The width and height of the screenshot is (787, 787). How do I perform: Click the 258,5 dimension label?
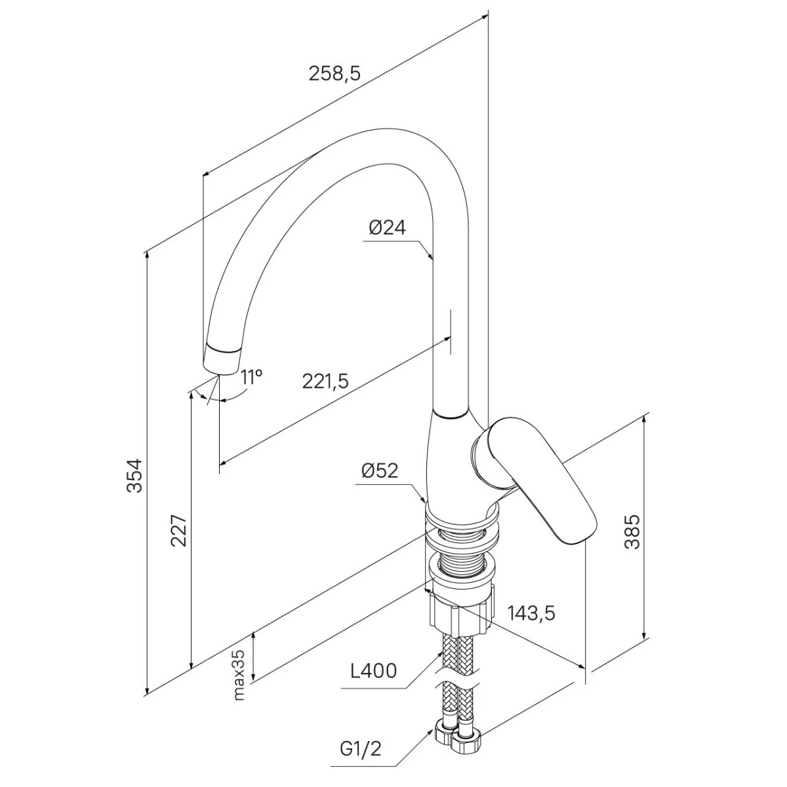click(334, 74)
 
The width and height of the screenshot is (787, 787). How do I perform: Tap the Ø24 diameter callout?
click(387, 228)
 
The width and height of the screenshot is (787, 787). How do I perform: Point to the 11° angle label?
click(251, 376)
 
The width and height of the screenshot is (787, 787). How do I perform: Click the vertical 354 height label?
click(134, 475)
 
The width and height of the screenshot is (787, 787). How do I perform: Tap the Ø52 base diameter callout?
click(380, 470)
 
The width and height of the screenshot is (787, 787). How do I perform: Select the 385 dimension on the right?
click(633, 531)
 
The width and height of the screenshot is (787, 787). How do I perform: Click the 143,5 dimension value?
click(531, 613)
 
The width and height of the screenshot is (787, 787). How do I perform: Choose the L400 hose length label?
click(373, 671)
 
